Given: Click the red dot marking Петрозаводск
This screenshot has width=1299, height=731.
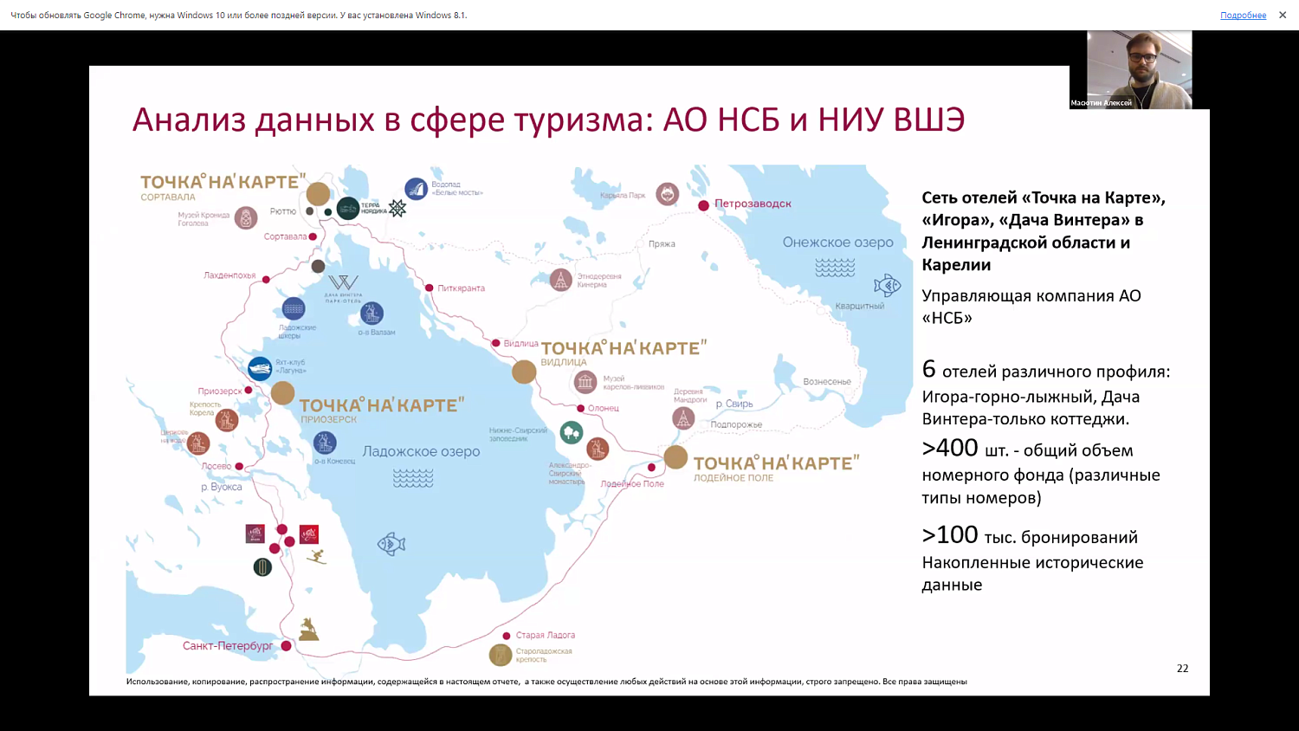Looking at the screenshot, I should coord(704,205).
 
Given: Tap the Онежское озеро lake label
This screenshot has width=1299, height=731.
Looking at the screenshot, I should coord(837,243).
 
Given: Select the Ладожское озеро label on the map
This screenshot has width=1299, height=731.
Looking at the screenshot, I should coord(421,451).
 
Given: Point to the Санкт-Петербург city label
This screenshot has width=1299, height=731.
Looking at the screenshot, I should coord(228,646).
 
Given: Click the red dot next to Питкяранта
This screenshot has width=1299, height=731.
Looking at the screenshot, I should coord(430,288).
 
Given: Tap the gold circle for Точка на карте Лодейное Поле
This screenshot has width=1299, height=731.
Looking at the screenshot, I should coord(675,457).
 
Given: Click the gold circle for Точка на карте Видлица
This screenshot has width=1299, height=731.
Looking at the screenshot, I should coord(524,372).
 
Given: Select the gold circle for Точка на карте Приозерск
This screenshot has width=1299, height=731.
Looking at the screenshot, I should coord(283,393).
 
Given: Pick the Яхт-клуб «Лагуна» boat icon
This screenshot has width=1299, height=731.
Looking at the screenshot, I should coord(260,369).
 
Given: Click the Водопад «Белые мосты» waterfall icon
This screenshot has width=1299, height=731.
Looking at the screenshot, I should coord(417,189).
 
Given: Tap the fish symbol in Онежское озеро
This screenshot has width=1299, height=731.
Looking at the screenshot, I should coord(887,285).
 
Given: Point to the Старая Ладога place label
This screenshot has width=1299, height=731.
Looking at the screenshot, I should coord(545,636).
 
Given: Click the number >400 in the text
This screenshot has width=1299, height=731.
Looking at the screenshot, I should coord(950,449).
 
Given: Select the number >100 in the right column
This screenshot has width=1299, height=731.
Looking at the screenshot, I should coord(950,535).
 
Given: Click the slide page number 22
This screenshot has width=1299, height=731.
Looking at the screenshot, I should coord(1182,669).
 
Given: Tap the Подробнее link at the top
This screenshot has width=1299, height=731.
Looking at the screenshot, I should coord(1243,16).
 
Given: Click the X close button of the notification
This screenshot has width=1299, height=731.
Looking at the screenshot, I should coord(1283,15).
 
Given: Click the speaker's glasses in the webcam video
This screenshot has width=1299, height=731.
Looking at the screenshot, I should coord(1142,57).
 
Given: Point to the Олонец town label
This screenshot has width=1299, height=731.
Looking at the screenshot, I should coord(603,409).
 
